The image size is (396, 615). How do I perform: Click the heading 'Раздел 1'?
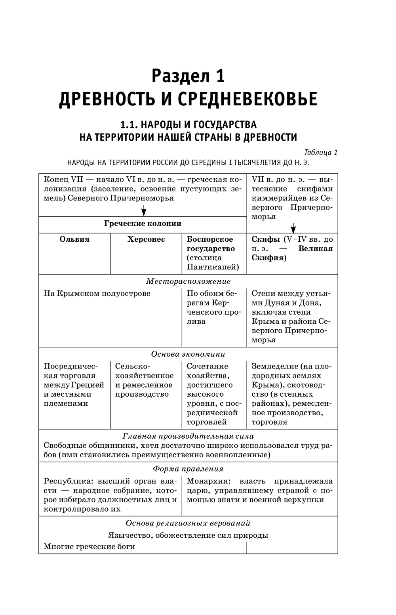click(x=188, y=76)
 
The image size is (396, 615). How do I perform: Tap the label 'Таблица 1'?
click(x=321, y=153)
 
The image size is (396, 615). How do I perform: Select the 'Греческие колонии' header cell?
click(x=143, y=223)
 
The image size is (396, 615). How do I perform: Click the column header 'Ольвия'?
click(x=74, y=239)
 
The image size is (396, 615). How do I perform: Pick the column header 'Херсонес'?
click(x=146, y=239)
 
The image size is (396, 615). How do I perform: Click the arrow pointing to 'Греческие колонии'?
click(x=144, y=210)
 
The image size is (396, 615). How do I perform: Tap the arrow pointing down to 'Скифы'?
click(x=293, y=228)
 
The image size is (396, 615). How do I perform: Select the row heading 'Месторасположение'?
click(x=188, y=281)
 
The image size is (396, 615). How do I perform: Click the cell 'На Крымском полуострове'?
click(x=97, y=294)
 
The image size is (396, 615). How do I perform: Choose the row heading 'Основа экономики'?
click(x=188, y=354)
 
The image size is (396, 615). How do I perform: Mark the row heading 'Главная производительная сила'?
click(x=188, y=436)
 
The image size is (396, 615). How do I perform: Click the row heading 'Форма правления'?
click(x=188, y=469)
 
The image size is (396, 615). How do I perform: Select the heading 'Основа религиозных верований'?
click(x=188, y=523)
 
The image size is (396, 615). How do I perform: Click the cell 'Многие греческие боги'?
click(x=89, y=547)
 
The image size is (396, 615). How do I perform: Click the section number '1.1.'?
click(x=129, y=125)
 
